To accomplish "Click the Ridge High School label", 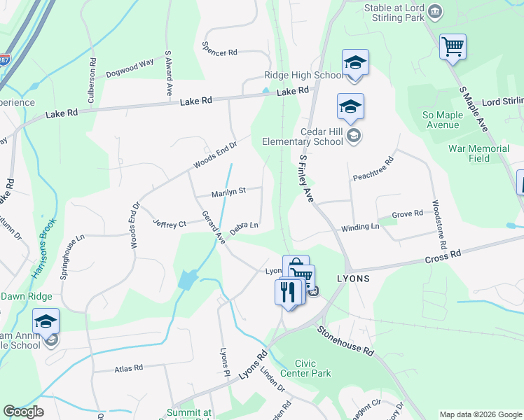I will tap(303, 76).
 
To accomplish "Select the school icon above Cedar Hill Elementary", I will tap(350, 107).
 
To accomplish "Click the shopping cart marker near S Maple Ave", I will tap(453, 48).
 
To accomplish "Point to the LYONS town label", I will tap(353, 278).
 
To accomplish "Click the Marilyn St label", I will tap(228, 190).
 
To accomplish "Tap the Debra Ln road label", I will tap(244, 227).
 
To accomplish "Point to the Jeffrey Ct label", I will tap(170, 223).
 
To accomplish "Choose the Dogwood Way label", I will tap(130, 68).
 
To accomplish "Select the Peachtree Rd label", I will tap(374, 168).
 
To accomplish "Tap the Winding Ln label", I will tap(360, 228).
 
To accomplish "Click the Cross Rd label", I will tap(443, 256).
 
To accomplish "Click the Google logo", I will tap(23, 412).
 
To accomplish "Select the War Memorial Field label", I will tap(479, 153).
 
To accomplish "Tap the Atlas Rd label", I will tap(127, 367).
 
